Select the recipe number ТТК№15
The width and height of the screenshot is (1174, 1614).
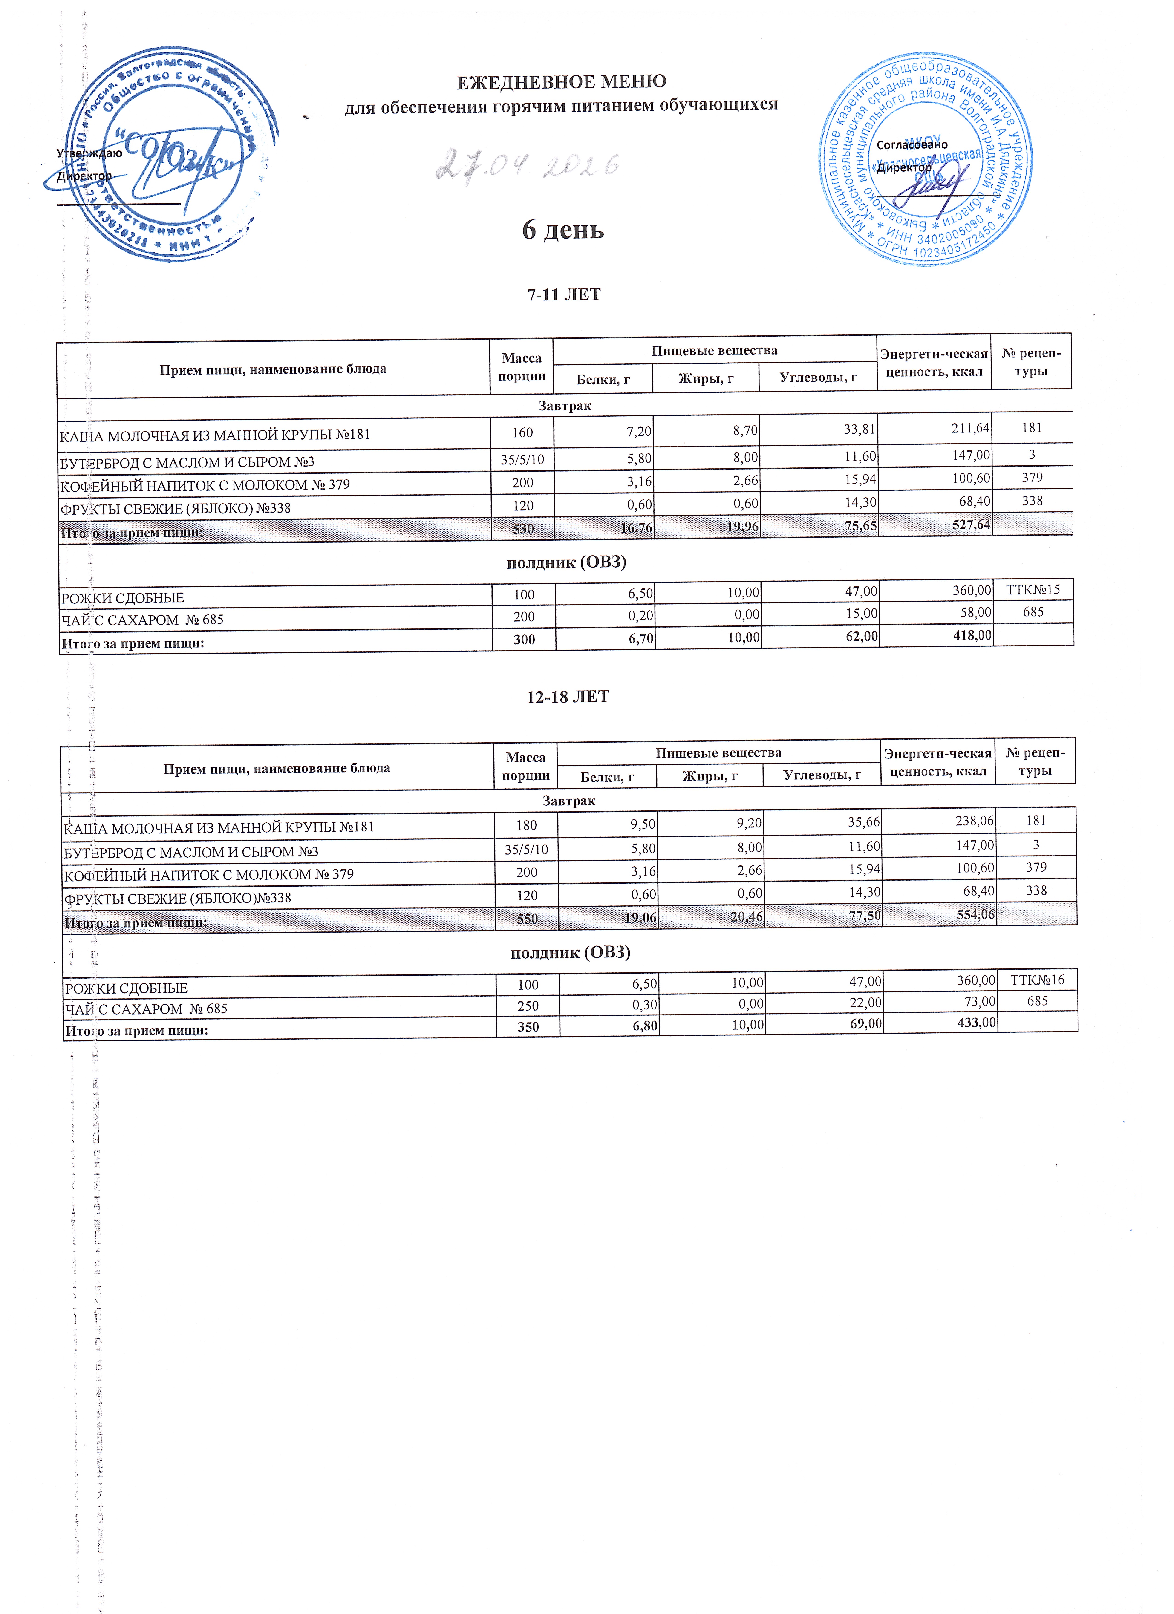point(1033,589)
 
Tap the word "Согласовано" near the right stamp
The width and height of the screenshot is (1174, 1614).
point(912,144)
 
